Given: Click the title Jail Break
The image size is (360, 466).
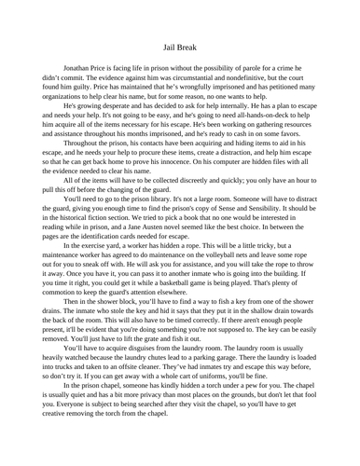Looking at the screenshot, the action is click(179, 43).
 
